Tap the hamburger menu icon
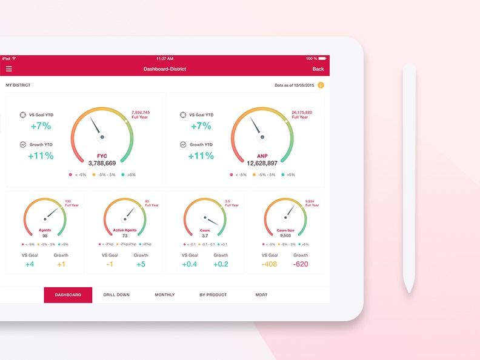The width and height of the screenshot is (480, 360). point(8,69)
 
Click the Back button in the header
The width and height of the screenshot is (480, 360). point(318,69)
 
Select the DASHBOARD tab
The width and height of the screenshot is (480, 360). point(68,295)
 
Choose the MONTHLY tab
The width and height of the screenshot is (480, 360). point(165,295)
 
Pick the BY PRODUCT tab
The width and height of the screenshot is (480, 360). point(213,295)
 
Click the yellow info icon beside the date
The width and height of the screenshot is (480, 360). point(321,85)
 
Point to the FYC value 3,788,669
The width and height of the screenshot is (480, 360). point(102,163)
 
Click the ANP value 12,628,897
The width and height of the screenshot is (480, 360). point(262,163)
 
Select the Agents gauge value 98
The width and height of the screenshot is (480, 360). point(45,236)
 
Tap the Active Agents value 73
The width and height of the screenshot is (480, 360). point(125,236)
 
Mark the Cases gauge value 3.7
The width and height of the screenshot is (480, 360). point(205,236)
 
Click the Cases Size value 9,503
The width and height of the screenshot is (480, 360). point(285,236)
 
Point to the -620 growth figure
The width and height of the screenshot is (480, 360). point(301,264)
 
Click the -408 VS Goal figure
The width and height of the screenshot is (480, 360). point(270,264)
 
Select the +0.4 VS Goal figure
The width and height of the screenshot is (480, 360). point(190,264)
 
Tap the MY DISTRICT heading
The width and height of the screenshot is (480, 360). point(18,85)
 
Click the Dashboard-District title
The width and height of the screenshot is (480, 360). point(165,69)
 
